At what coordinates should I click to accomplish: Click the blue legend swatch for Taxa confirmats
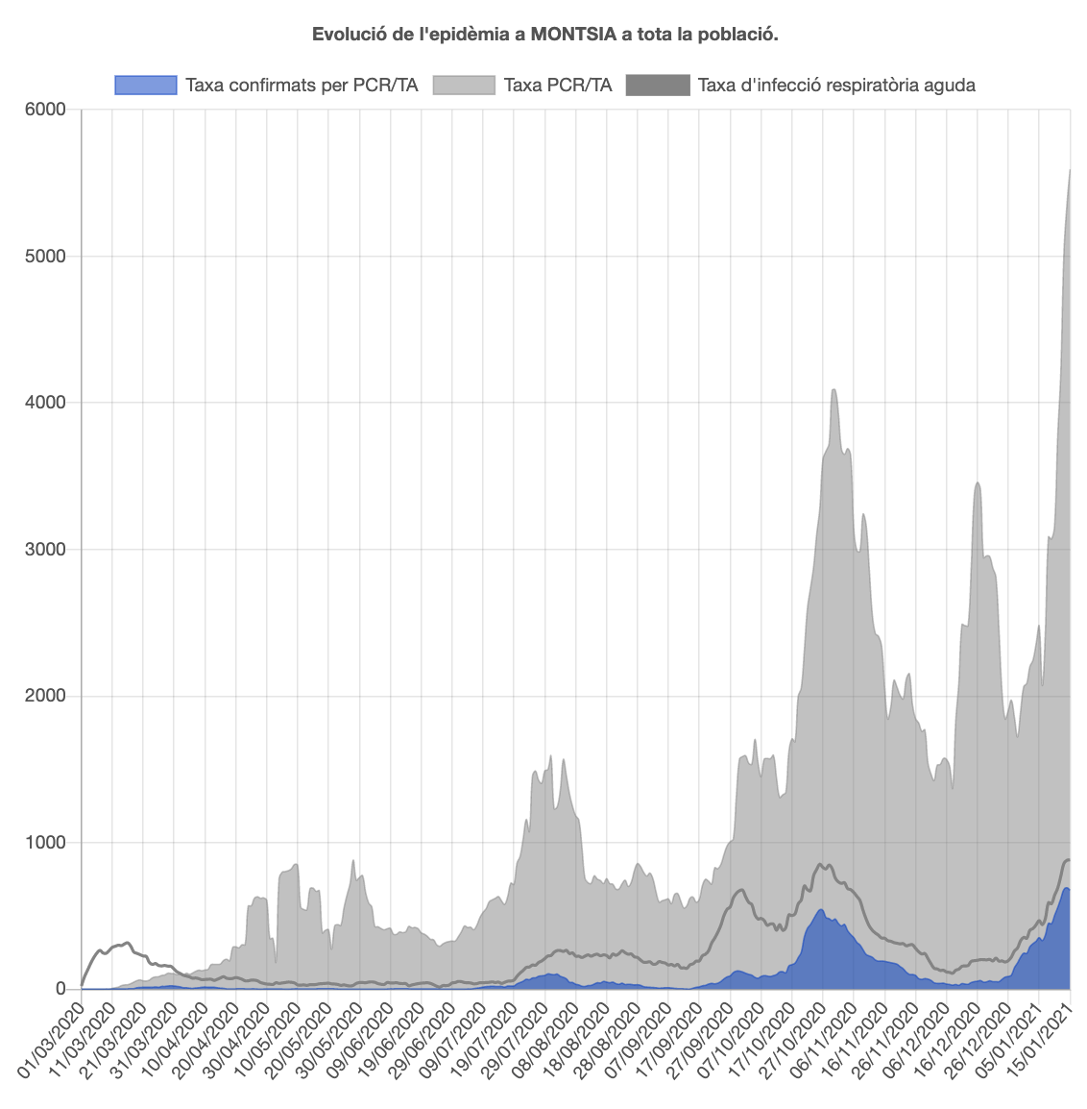tap(146, 86)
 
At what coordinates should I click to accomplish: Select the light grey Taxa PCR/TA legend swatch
tap(464, 86)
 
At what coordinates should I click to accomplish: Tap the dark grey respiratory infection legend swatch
tap(658, 86)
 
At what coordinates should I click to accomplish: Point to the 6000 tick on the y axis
tap(46, 110)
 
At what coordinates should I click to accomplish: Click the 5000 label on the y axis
tap(46, 257)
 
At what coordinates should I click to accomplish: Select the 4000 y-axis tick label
tap(46, 403)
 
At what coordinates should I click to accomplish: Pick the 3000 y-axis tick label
tap(46, 550)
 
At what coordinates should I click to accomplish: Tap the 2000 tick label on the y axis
tap(46, 696)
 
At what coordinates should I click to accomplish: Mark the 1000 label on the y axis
tap(46, 843)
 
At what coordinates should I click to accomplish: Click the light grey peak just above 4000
tap(833, 389)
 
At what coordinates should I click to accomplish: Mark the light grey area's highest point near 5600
tap(1070, 170)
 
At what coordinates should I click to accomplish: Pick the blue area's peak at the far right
tap(1067, 888)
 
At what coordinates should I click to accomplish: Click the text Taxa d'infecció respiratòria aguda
tap(836, 86)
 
